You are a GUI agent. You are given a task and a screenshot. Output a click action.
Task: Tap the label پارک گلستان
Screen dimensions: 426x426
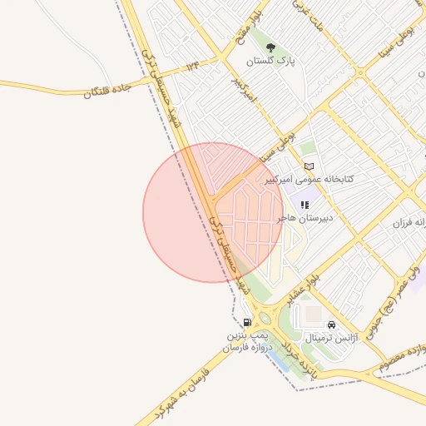click(x=271, y=61)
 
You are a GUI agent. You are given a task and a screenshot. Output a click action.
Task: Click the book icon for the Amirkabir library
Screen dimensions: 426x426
click(x=310, y=166)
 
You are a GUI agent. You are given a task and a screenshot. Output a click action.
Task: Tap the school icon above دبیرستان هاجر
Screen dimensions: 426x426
click(x=305, y=204)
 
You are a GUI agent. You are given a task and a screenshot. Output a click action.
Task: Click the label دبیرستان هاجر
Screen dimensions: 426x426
click(x=305, y=217)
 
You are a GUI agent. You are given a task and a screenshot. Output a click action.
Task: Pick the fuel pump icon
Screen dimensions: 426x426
click(x=247, y=322)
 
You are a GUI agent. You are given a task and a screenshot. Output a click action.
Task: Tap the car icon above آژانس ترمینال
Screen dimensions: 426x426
click(x=332, y=324)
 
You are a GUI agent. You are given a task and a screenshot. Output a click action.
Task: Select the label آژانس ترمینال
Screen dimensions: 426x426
click(x=320, y=338)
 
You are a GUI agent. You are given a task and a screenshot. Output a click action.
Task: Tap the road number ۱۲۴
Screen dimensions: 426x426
click(x=193, y=65)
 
